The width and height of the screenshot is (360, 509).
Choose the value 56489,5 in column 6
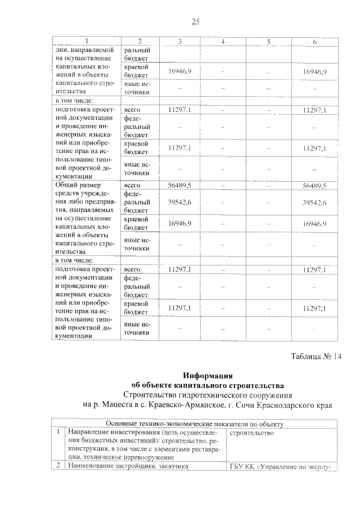click(x=315, y=185)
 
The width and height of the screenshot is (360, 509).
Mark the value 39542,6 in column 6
click(x=315, y=202)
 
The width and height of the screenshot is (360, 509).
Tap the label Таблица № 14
click(x=316, y=355)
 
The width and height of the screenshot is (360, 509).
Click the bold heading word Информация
click(x=208, y=375)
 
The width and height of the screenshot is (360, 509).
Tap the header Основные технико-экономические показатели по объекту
click(x=195, y=424)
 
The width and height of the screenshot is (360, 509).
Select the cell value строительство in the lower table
click(x=251, y=433)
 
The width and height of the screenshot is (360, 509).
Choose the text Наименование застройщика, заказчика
click(x=126, y=466)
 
